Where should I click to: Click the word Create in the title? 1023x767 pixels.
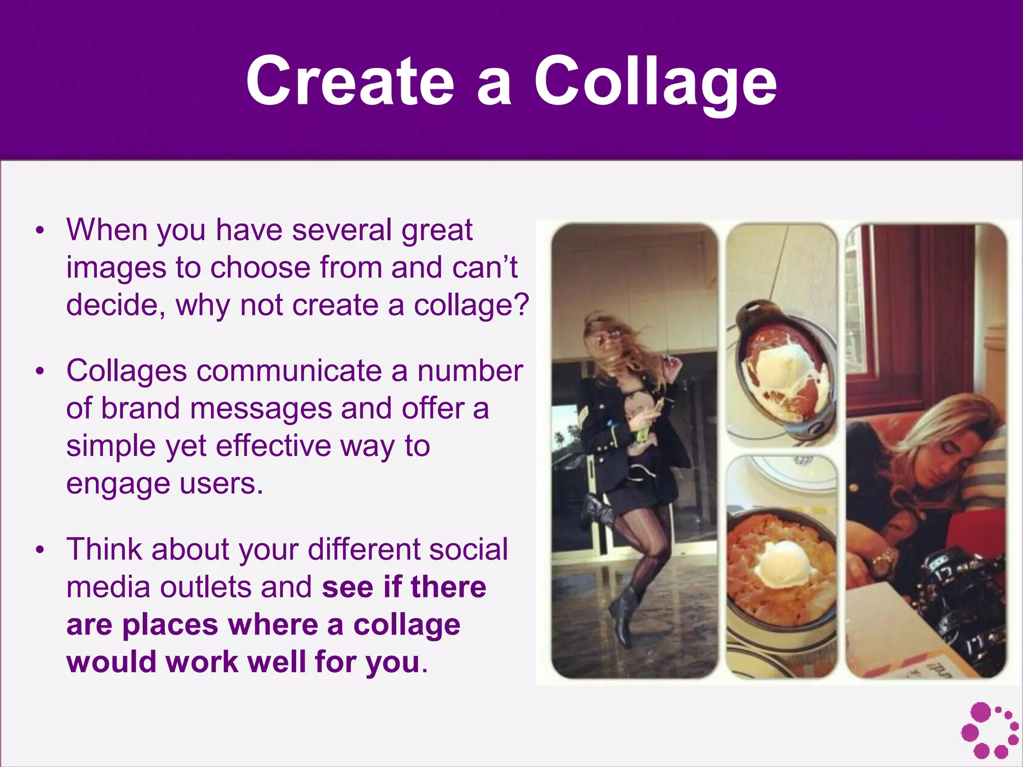(x=350, y=81)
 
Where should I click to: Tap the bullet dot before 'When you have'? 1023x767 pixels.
(x=40, y=231)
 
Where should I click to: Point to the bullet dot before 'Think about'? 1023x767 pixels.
(x=40, y=550)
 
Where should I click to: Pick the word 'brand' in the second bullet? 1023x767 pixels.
(x=140, y=408)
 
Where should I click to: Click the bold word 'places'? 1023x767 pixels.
(x=170, y=625)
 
